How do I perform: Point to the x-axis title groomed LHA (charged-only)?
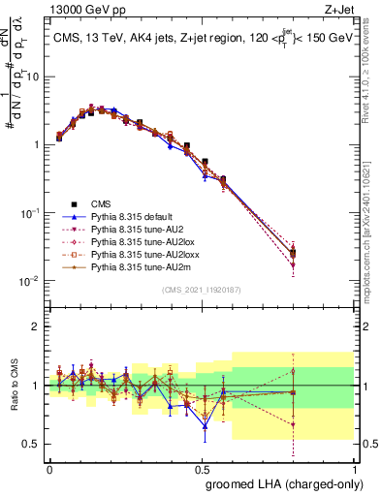pyautogui.click(x=292, y=483)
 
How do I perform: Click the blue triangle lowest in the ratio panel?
pyautogui.click(x=205, y=425)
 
